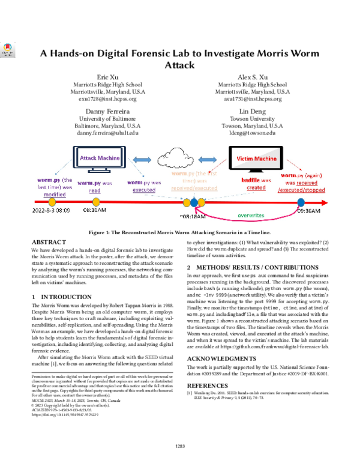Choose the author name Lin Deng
(253, 112)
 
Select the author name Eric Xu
(107, 77)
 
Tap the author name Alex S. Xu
(253, 77)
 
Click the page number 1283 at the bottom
(179, 446)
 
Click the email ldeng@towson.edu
(253, 133)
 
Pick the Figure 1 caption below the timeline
(180, 232)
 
